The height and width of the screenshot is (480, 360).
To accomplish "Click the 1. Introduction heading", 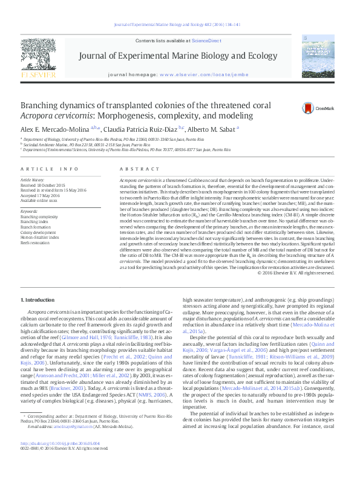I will tap(40, 300).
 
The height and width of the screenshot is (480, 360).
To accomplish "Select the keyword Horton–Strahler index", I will tap(41, 238).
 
